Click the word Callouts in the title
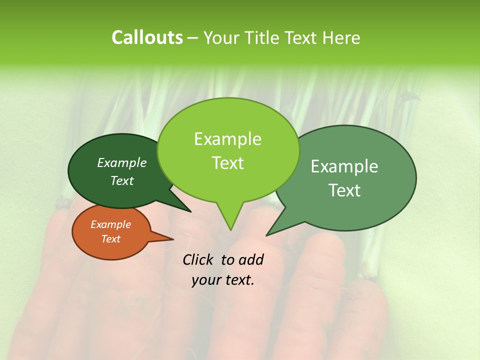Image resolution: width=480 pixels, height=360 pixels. click(x=147, y=37)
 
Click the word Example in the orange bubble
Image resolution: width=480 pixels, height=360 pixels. click(x=111, y=224)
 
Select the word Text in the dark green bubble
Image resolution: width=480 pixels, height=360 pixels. click(x=122, y=181)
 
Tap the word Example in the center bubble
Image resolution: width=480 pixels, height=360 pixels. click(x=228, y=139)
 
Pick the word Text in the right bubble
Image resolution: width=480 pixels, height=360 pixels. click(x=344, y=190)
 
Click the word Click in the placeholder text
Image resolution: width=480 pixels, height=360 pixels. click(x=199, y=259)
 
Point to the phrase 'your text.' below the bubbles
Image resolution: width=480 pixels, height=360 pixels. click(x=223, y=280)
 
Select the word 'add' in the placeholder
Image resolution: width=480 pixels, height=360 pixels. click(x=251, y=259)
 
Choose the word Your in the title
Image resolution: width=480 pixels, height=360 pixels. click(x=223, y=37)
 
